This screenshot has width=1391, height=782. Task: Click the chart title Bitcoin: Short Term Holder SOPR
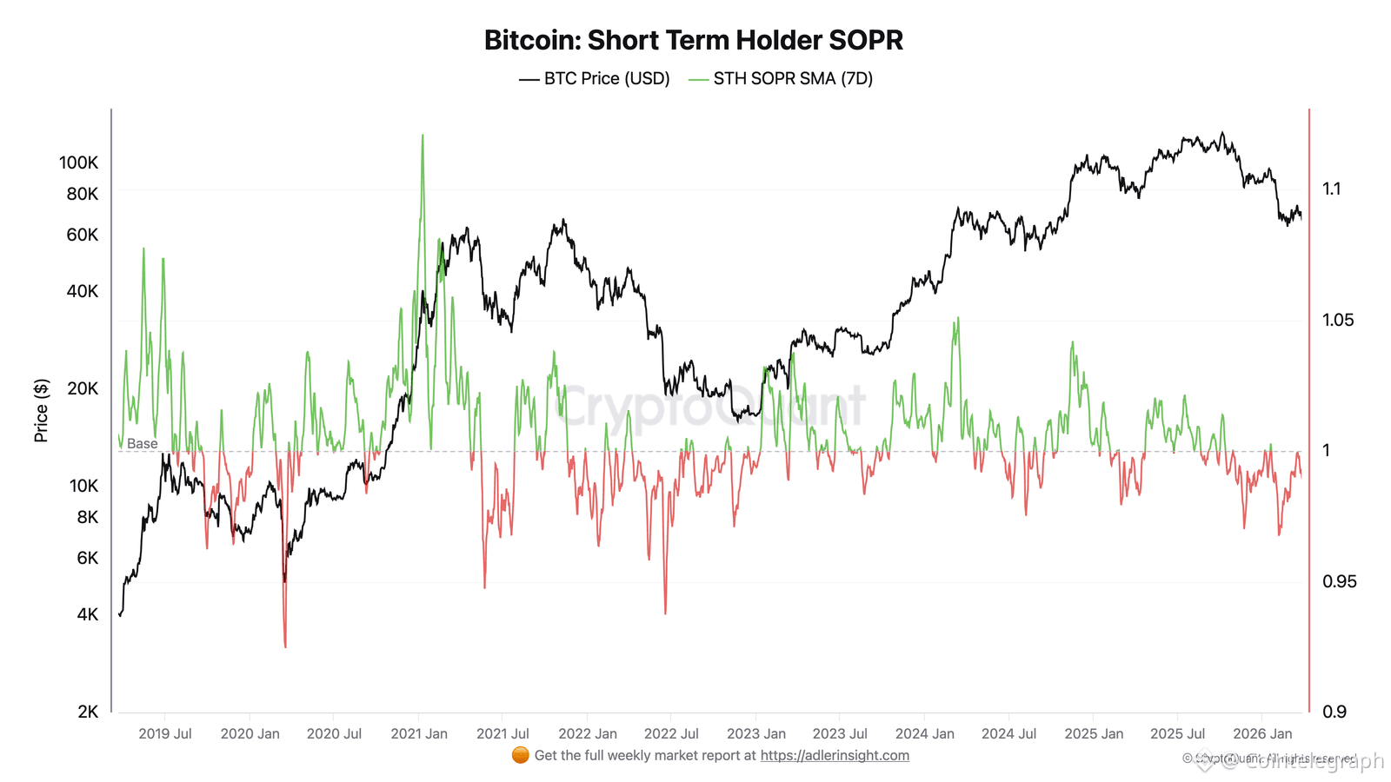point(693,40)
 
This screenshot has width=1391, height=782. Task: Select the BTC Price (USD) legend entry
point(595,78)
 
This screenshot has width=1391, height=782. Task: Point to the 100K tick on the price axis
point(78,162)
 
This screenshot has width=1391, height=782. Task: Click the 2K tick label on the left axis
point(88,712)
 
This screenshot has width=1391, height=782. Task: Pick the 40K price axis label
point(82,291)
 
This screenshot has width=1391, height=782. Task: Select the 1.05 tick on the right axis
point(1338,320)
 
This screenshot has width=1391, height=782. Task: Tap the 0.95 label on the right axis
point(1339,581)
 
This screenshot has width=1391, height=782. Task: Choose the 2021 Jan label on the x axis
point(419,733)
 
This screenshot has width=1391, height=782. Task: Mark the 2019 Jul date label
point(165,733)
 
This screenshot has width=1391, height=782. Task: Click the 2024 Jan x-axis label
point(924,733)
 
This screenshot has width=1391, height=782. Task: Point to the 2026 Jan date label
point(1262,733)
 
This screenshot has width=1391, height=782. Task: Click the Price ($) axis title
point(41,410)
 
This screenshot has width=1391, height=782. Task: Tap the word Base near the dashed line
point(142,443)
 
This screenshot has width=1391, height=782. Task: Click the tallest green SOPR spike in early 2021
point(423,137)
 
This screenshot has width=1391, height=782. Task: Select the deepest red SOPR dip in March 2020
point(285,645)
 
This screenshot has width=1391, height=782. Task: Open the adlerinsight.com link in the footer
point(835,755)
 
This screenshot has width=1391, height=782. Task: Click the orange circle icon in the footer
point(521,755)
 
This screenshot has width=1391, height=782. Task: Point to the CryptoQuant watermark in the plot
point(710,406)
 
